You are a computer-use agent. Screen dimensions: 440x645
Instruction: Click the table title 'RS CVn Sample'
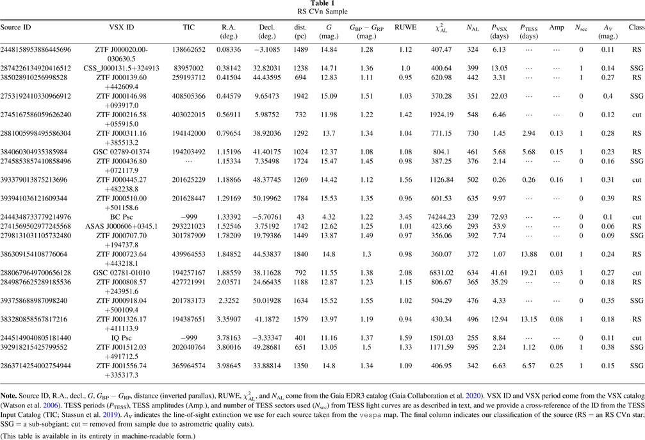[x=322, y=12]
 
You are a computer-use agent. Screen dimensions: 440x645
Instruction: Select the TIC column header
[x=193, y=28]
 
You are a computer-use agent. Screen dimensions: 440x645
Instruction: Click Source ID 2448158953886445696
[x=36, y=49]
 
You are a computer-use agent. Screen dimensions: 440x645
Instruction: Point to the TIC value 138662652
[x=193, y=49]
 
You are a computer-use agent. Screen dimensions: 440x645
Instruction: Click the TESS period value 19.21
[x=528, y=272]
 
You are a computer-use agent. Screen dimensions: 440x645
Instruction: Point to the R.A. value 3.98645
[x=231, y=366]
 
